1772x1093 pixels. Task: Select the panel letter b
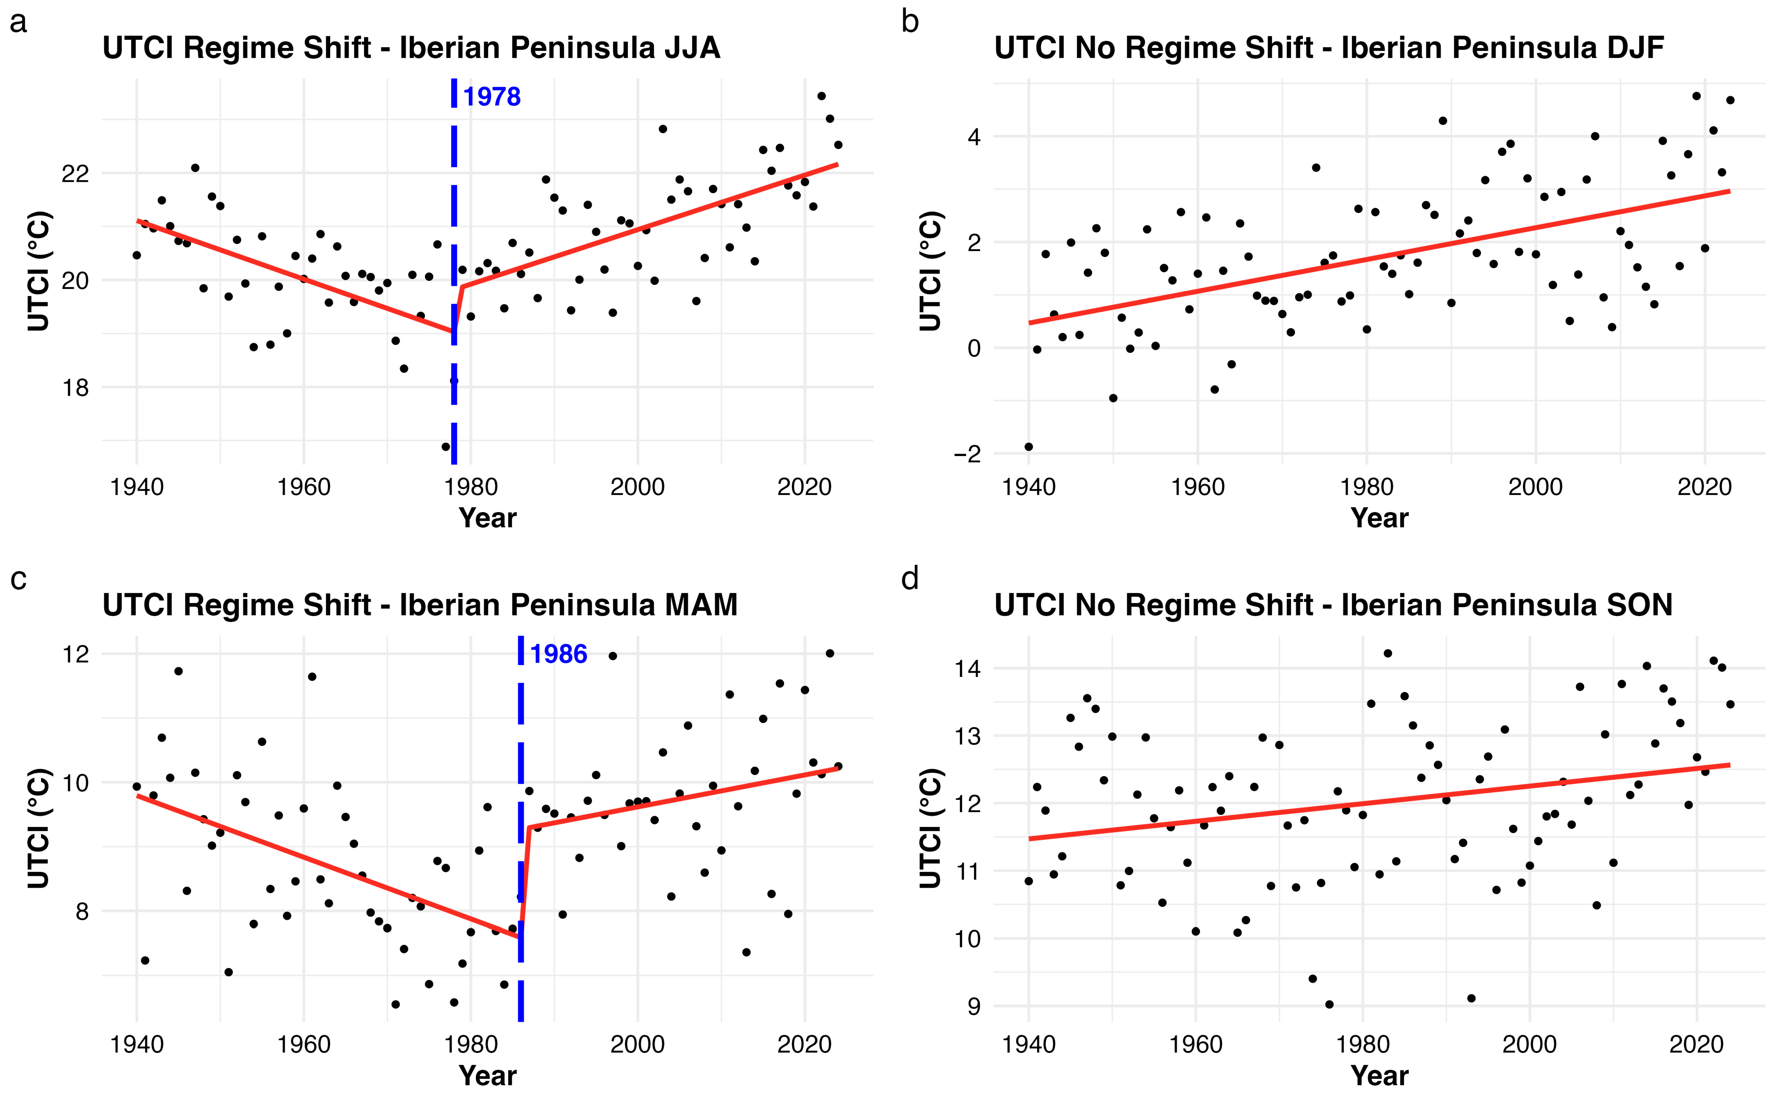tap(910, 22)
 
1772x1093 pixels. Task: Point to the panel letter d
tap(910, 579)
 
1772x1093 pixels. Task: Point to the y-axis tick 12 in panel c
tap(75, 654)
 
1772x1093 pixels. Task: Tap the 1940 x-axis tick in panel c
tap(136, 1044)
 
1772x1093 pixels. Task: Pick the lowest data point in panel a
tap(445, 447)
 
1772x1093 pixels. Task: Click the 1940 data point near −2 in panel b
tap(1028, 447)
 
